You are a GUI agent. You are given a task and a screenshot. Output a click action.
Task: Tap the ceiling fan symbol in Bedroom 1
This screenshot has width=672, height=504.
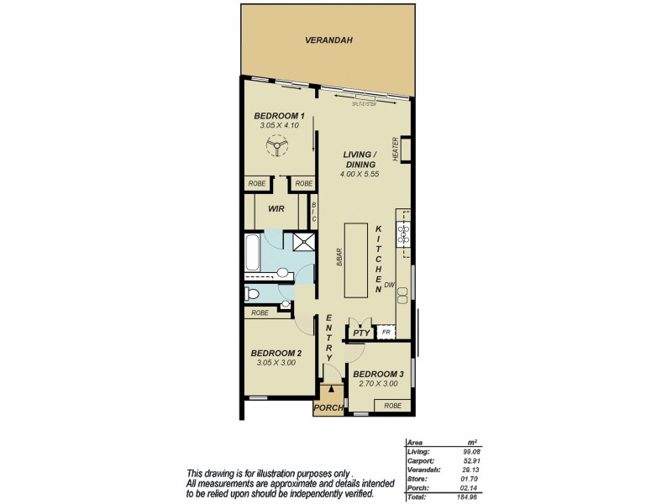[x=276, y=149]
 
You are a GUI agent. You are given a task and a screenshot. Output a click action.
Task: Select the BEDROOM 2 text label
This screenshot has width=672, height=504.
[x=276, y=353]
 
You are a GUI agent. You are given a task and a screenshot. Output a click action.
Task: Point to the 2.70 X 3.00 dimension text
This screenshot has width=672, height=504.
[x=378, y=384]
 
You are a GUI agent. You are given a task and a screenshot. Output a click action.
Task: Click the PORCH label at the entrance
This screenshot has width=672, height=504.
[x=328, y=408]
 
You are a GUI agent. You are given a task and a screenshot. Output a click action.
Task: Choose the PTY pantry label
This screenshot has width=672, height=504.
[x=361, y=333]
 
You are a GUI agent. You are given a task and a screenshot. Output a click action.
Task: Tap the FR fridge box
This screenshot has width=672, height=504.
[x=386, y=333]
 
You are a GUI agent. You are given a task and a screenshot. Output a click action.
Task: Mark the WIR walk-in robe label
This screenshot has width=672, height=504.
[x=276, y=209]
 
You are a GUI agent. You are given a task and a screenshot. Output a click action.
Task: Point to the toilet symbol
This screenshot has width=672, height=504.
[x=253, y=294]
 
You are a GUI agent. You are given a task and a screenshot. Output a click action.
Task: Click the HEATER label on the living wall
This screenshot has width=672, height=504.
[x=394, y=149]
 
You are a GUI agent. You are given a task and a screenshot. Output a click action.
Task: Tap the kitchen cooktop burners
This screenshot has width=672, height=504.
[x=404, y=229]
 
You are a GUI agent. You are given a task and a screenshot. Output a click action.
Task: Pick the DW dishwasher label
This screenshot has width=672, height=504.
[x=390, y=286]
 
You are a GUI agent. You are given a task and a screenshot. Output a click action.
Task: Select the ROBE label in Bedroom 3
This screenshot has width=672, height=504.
[x=392, y=406]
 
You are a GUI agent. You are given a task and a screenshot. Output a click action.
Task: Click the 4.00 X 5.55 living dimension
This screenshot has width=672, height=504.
[x=362, y=173]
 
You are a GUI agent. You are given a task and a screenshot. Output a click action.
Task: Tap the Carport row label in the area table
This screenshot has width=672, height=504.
[x=419, y=459]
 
